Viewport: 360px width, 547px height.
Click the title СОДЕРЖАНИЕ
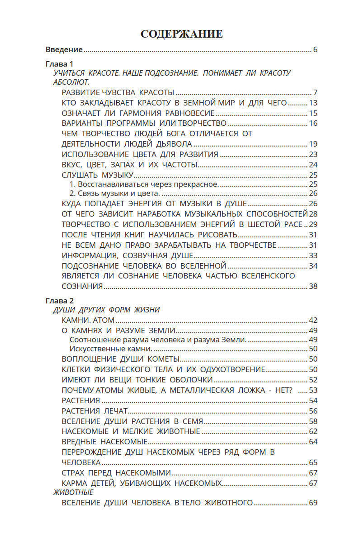(181, 34)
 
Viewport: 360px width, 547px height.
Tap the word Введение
(64, 49)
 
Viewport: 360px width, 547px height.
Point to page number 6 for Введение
(315, 49)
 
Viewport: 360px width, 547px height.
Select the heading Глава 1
(59, 64)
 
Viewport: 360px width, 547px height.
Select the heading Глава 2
(59, 301)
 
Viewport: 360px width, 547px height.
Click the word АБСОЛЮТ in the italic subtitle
(71, 82)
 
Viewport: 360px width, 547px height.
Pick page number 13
(313, 103)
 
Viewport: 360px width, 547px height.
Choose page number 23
(313, 154)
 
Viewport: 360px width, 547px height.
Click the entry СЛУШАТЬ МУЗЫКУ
(98, 175)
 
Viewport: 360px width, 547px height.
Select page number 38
(313, 286)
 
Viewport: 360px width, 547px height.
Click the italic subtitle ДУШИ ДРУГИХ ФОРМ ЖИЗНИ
(107, 310)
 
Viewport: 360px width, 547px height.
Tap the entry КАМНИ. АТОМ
(88, 320)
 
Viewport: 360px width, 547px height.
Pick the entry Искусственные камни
(111, 349)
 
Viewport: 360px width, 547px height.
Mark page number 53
(313, 390)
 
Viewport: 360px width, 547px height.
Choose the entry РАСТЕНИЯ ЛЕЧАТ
(94, 411)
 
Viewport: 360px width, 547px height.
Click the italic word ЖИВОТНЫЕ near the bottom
(73, 492)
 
